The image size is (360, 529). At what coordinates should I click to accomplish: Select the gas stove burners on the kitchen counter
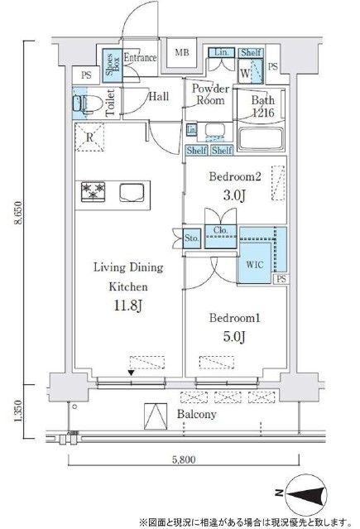93,191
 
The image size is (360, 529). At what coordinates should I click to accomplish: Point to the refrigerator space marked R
89,137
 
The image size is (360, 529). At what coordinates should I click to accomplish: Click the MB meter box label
182,53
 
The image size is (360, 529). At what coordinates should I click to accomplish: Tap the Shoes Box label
113,65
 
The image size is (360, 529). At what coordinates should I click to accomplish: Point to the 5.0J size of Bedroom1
234,336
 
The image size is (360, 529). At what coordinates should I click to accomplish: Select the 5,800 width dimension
184,459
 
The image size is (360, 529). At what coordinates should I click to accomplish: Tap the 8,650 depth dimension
18,213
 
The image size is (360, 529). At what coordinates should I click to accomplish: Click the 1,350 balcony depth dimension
18,411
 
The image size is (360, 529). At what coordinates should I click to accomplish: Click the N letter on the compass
279,493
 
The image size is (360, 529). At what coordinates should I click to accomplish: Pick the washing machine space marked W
245,73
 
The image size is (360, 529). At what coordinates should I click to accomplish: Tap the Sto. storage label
192,238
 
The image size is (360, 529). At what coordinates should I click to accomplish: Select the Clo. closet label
220,230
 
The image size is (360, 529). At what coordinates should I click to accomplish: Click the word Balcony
197,414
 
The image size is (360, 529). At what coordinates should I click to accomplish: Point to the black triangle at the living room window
132,373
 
